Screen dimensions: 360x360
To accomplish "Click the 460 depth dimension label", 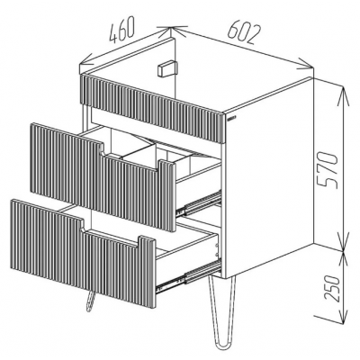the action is click(121, 30).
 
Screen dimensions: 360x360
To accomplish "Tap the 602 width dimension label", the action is click(244, 31).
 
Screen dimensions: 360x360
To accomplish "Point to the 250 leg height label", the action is click(332, 289).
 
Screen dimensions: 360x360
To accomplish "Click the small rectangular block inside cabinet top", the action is click(167, 68).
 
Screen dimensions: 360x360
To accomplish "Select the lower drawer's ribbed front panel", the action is click(83, 252).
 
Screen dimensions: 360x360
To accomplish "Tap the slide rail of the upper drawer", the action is click(199, 203).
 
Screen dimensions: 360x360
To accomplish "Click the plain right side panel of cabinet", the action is click(269, 176).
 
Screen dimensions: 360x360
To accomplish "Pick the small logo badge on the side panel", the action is click(231, 119).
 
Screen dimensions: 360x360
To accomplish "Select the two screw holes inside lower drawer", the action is click(216, 250).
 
